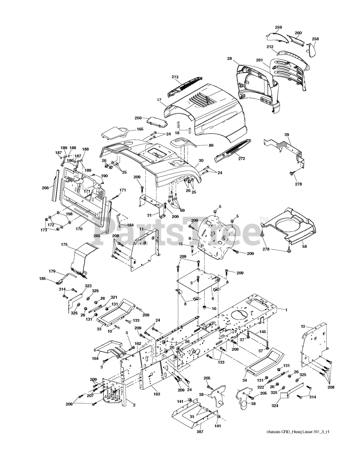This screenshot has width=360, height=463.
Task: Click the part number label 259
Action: pos(278,27)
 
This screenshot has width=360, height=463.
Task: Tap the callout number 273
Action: pos(175,77)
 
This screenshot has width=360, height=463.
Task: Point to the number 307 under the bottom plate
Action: pos(200,432)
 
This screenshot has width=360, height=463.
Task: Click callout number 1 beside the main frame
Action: pos(286,310)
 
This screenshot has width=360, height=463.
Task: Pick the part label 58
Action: pos(305,246)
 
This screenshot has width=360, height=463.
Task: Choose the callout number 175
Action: pos(64,245)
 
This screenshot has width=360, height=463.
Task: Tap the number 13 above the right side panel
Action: pos(303,326)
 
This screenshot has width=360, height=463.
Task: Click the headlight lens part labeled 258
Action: pos(312,49)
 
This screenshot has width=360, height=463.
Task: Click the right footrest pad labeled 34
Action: pos(263,360)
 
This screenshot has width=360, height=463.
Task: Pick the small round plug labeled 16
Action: pos(204,307)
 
